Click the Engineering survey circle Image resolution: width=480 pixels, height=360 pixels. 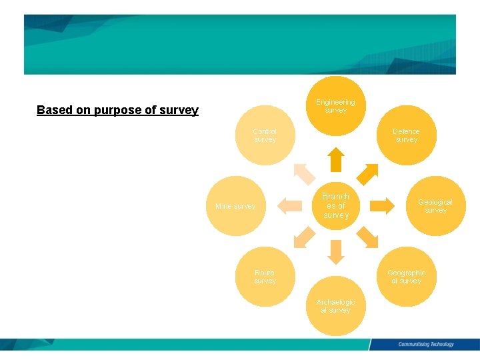[x=336, y=106]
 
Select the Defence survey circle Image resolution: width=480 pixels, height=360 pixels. [x=406, y=135]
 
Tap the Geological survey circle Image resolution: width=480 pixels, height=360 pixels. [x=435, y=206]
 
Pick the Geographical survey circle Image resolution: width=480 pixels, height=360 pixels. [x=406, y=277]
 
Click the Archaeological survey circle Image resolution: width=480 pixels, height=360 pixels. [x=335, y=306]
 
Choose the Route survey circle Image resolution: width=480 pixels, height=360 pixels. [x=265, y=277]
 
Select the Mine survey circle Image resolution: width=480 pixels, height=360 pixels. [x=236, y=206]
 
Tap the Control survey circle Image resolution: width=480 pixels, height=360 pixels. [x=265, y=135]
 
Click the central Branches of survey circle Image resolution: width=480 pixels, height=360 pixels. [x=335, y=206]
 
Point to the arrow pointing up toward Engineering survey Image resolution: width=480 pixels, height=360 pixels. [x=336, y=159]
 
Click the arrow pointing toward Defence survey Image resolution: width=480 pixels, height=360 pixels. [x=369, y=173]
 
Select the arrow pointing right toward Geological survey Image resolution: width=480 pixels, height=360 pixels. [x=383, y=205]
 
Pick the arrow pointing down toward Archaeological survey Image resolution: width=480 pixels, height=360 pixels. [x=336, y=252]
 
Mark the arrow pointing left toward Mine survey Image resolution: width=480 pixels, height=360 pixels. [x=289, y=205]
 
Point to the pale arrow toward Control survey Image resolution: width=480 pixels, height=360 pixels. [x=304, y=173]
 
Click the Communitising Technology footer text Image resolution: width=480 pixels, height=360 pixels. [x=425, y=345]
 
